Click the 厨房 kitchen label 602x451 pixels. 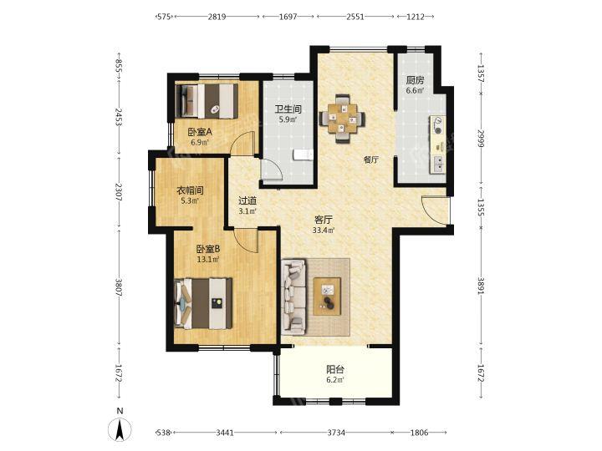point(415,80)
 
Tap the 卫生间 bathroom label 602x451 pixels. point(288,109)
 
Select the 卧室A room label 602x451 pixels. point(200,132)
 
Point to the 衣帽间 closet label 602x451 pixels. point(190,190)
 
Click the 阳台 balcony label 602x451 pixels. point(335,370)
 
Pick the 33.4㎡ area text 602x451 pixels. point(324,231)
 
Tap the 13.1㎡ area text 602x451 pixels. point(208,259)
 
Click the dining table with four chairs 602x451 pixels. point(342,119)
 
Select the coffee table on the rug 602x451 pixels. point(327,296)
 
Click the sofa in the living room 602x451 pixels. point(293,296)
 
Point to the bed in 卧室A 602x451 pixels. point(207,101)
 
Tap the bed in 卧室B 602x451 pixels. point(203,303)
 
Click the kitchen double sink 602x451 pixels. point(437,164)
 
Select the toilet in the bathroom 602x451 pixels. point(304,155)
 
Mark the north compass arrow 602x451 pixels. point(120,430)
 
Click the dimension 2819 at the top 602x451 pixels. point(217,17)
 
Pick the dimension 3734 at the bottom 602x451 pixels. point(336,433)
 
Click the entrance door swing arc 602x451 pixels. point(427,211)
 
